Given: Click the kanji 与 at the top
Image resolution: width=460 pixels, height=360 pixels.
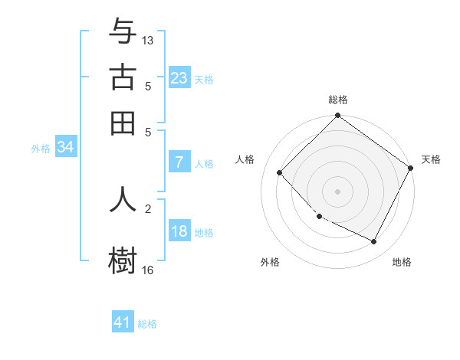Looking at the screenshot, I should tap(123, 31).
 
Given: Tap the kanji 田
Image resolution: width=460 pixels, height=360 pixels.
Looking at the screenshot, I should tap(123, 123).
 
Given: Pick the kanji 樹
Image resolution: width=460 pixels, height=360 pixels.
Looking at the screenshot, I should tap(123, 260).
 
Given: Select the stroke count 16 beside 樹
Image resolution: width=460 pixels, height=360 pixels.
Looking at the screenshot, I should tap(148, 270).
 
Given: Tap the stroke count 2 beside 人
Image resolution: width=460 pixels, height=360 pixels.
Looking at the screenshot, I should tap(148, 208).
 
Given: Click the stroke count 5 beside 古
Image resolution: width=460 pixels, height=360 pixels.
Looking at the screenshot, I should tap(148, 86).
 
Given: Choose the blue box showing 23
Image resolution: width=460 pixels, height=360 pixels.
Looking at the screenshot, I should tap(179, 77).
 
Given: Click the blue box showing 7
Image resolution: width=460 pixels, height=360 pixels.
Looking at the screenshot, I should tap(179, 162).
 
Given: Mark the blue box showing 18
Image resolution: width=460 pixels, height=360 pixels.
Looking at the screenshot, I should tap(179, 232).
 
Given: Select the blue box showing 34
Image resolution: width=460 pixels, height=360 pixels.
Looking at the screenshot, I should tap(65, 148).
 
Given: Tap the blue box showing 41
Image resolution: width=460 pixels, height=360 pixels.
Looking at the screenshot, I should tap(123, 322).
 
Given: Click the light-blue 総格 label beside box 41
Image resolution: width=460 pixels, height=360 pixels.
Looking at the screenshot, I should tap(148, 324).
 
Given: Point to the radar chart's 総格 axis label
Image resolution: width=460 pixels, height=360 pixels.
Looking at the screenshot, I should tap(337, 100).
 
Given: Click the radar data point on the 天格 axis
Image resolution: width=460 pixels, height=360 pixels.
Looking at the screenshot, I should tap(410, 168).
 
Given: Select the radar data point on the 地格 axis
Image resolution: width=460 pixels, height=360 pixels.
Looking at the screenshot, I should tap(374, 242).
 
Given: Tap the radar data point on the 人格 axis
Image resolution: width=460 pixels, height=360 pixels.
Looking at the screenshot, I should tap(280, 172).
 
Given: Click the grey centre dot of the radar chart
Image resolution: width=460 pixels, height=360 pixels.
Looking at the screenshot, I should tap(337, 191).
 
